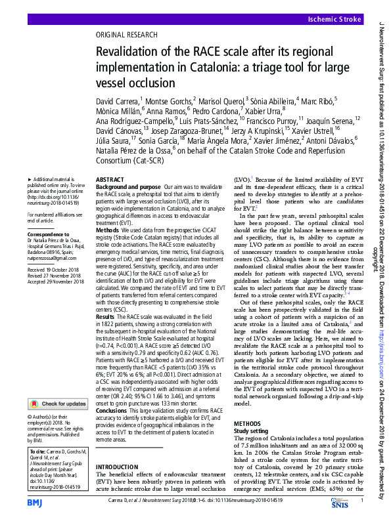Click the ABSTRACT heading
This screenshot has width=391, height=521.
[x=109, y=179]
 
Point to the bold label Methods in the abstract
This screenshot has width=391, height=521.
[x=108, y=230]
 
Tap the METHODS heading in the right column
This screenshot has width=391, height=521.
[x=248, y=424]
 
